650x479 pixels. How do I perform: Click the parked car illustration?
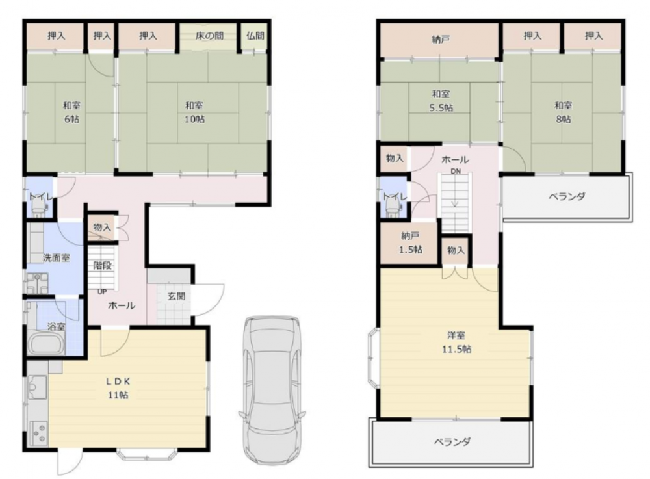click(x=272, y=391)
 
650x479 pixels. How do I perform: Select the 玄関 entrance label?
click(x=177, y=296)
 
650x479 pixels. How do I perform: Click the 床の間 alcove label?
click(x=210, y=36)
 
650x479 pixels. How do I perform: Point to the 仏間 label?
click(x=255, y=36)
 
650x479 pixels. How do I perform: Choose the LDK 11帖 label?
click(x=118, y=388)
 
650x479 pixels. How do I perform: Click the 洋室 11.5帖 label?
click(x=456, y=342)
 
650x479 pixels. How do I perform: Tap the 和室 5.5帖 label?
click(x=441, y=101)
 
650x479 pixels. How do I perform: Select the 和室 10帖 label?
click(x=194, y=112)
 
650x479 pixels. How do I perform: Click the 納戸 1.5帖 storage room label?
click(x=410, y=243)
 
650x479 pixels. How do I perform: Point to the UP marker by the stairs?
click(x=102, y=292)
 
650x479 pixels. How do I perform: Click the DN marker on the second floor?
click(x=456, y=171)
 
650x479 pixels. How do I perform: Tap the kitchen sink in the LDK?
click(x=38, y=387)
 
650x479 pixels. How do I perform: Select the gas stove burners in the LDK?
click(x=38, y=433)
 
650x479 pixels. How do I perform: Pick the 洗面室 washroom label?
click(x=57, y=258)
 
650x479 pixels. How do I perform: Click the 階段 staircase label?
click(x=102, y=265)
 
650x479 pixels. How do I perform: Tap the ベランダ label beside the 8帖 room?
click(x=567, y=196)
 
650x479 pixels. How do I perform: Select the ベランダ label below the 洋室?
click(x=452, y=442)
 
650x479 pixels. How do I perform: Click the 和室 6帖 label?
click(x=71, y=112)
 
